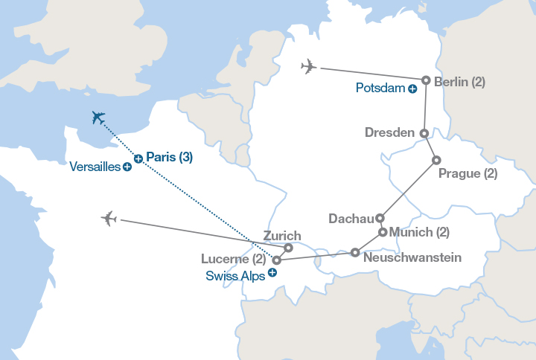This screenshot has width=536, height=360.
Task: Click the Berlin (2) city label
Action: (x=459, y=82)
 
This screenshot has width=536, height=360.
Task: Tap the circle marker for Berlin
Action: (x=426, y=80)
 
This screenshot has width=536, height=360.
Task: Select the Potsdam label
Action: (x=380, y=89)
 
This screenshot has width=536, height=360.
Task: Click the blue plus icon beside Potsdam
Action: (x=412, y=89)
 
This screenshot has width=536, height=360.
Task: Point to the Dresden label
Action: (x=389, y=132)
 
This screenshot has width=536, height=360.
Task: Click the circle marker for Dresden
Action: (x=424, y=134)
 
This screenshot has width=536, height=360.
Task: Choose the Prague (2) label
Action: (x=468, y=173)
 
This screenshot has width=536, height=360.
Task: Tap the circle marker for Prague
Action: (x=436, y=160)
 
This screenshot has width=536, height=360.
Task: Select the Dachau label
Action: (x=351, y=219)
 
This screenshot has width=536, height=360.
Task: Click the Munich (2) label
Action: (x=419, y=232)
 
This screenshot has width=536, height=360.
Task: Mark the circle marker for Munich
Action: (x=383, y=232)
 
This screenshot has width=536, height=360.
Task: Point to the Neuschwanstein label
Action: (x=412, y=258)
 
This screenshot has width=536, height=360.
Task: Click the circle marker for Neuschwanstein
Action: (x=355, y=252)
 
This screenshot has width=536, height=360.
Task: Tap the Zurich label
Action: (x=283, y=236)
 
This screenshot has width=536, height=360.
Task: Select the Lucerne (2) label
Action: (x=234, y=260)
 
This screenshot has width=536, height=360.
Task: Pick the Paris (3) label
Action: (x=170, y=157)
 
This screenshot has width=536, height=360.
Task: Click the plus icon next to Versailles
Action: (x=127, y=167)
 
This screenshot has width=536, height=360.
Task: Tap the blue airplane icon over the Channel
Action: (x=98, y=117)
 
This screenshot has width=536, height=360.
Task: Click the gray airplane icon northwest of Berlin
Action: (x=308, y=67)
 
